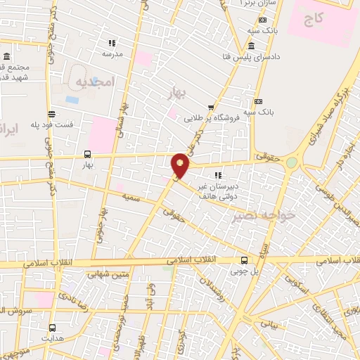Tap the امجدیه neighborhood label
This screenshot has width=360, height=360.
(x=94, y=82)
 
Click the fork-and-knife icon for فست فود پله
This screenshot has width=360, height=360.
(x=51, y=113)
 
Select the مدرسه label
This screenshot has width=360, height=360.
(x=112, y=53)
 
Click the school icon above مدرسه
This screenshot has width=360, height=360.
(x=112, y=42)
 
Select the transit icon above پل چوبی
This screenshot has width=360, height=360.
(x=244, y=259)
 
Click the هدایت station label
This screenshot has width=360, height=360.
(x=53, y=338)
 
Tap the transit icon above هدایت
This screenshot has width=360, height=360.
(x=52, y=328)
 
